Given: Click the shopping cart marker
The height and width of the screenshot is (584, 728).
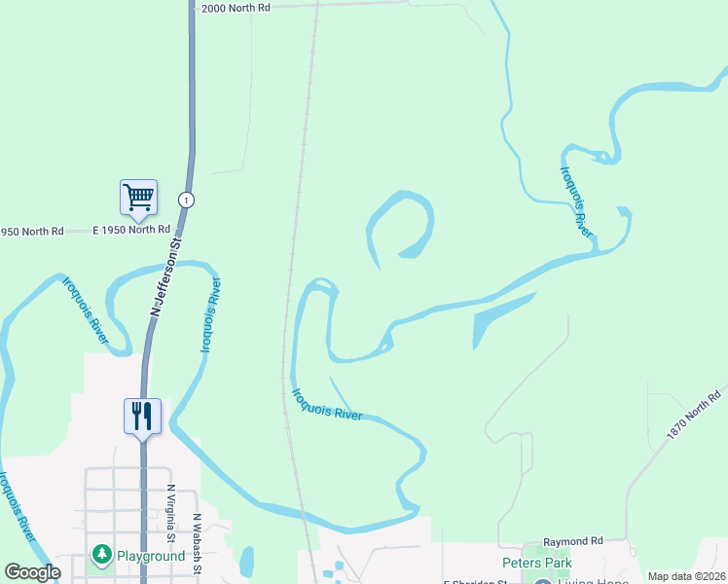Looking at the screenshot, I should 138,198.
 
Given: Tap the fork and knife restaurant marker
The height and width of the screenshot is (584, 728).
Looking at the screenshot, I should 142,416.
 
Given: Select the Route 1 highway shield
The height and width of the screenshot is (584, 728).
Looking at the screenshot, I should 185,200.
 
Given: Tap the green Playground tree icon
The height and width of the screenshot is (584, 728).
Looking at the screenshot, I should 101,555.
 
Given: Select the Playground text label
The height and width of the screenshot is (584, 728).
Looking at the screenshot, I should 151,557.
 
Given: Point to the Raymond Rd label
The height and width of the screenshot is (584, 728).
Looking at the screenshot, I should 573,540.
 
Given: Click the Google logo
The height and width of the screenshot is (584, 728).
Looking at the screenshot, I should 32,572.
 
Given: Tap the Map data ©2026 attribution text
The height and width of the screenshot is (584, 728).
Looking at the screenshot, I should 686,576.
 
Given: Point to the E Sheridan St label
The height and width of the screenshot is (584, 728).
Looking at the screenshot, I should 476,582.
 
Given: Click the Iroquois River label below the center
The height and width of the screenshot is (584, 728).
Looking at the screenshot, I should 327,405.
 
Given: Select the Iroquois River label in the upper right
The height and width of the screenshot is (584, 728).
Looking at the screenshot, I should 576,201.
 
